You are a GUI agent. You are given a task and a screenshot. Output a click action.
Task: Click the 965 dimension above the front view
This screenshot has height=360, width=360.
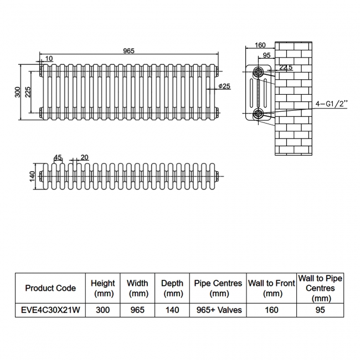(128, 50)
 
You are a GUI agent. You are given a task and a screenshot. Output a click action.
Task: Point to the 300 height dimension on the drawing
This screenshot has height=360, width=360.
(17, 91)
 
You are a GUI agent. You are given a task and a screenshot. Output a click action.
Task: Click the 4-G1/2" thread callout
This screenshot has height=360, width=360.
(332, 104)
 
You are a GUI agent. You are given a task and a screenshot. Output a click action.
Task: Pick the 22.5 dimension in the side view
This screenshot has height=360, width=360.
(286, 68)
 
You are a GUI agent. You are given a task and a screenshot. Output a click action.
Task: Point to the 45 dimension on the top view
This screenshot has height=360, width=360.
(58, 157)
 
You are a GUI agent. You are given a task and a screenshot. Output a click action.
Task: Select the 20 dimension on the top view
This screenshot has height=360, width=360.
(84, 157)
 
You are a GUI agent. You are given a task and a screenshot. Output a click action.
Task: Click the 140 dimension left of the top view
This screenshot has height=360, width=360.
(32, 176)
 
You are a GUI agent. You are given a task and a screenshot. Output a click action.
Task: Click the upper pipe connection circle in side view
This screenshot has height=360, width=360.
(259, 72)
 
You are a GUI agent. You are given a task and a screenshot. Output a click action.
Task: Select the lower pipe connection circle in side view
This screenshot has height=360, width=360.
(259, 114)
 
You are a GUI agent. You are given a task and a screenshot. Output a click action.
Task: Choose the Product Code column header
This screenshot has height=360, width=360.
(50, 287)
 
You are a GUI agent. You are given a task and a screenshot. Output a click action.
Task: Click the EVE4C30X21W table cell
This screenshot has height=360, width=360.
(50, 310)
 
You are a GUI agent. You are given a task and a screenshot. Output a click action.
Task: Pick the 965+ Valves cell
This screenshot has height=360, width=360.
(219, 310)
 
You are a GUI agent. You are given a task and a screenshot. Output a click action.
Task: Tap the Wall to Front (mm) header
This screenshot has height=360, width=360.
(271, 287)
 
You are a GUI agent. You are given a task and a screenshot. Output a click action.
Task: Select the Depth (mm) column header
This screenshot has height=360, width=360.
(172, 287)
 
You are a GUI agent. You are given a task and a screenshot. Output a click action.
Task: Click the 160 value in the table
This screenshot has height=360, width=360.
(271, 310)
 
